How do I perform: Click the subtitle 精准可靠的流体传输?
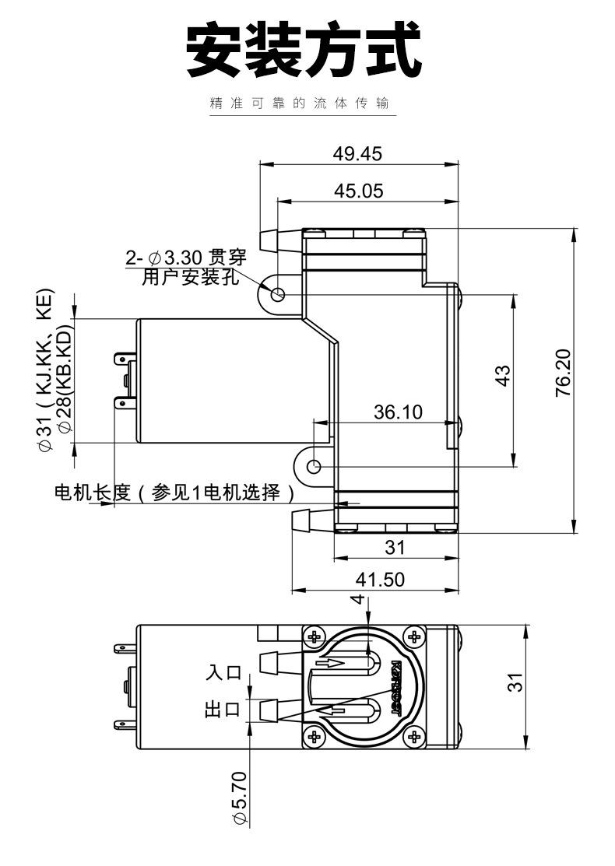click(299, 103)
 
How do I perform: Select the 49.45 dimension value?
click(357, 153)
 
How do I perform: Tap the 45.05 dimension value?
click(358, 191)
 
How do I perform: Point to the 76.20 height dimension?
click(563, 373)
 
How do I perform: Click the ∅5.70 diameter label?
click(239, 798)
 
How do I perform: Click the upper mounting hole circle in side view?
click(278, 294)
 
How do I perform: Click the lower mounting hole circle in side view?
click(314, 467)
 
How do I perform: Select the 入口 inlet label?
click(223, 671)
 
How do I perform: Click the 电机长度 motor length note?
click(175, 493)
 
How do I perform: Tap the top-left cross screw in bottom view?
click(315, 636)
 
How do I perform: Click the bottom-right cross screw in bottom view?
click(414, 736)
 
